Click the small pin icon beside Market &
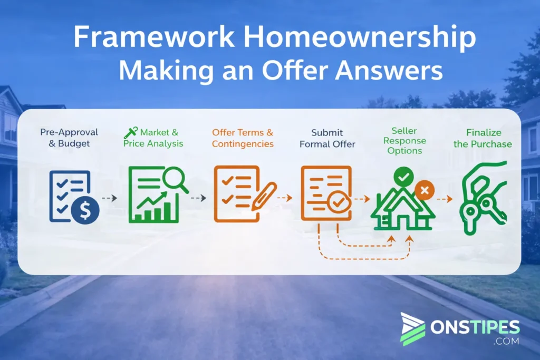pyautogui.click(x=130, y=132)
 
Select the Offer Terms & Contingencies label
pyautogui.click(x=243, y=138)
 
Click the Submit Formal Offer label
pyautogui.click(x=327, y=138)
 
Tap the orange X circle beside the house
pyautogui.click(x=424, y=190)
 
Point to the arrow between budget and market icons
pyautogui.click(x=109, y=198)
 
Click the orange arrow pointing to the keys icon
pyautogui.click(x=445, y=199)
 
